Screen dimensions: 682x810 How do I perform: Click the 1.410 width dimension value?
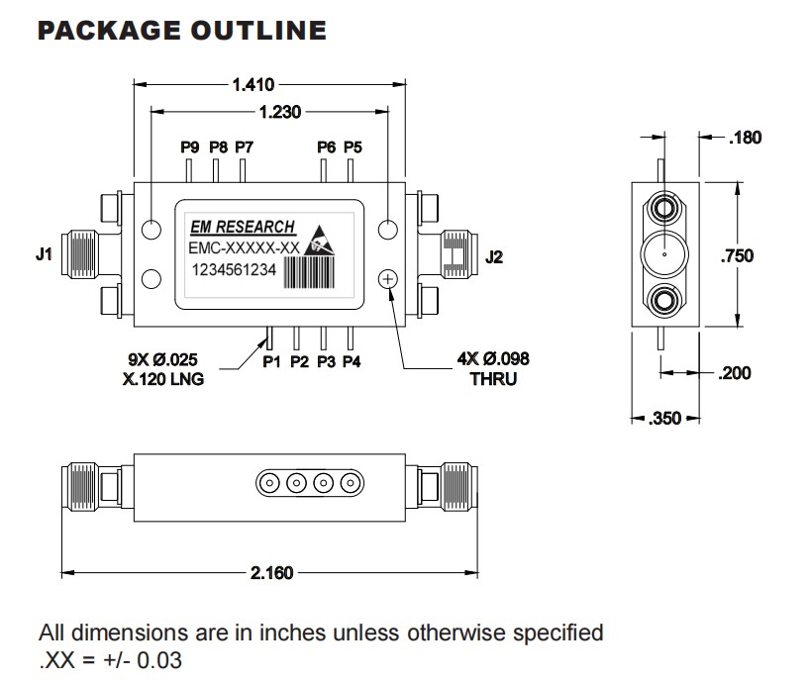[253, 84]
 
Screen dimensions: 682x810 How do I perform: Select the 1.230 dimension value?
[279, 112]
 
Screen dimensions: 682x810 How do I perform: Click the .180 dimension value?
[744, 138]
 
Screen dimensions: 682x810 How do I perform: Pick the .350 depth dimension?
[665, 419]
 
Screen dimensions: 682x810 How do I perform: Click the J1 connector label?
[43, 254]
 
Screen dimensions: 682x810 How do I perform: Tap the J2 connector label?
[494, 258]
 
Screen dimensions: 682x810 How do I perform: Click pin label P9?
[190, 147]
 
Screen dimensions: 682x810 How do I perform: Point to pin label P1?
[272, 362]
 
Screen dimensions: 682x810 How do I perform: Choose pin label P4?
[352, 362]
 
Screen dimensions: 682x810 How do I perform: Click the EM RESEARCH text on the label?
[240, 228]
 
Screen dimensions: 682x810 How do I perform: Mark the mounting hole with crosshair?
[388, 280]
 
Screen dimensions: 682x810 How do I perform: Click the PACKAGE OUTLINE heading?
[181, 30]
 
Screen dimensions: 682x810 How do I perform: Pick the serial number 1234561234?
[234, 272]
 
